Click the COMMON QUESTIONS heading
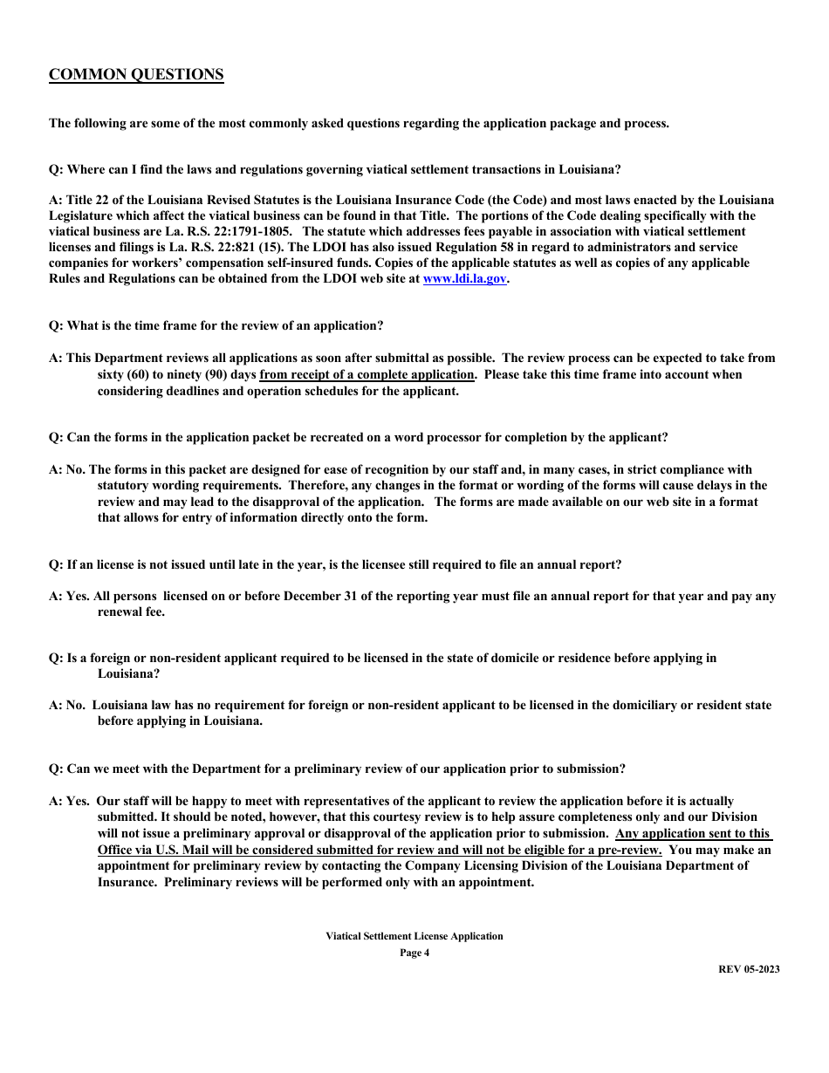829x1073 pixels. click(136, 75)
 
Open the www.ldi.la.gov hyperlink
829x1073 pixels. click(464, 279)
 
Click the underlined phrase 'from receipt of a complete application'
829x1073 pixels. click(367, 375)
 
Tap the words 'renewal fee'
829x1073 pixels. click(131, 612)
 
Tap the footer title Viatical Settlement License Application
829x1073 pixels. click(414, 936)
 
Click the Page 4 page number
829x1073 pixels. click(414, 953)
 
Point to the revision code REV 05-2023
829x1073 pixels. click(749, 969)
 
